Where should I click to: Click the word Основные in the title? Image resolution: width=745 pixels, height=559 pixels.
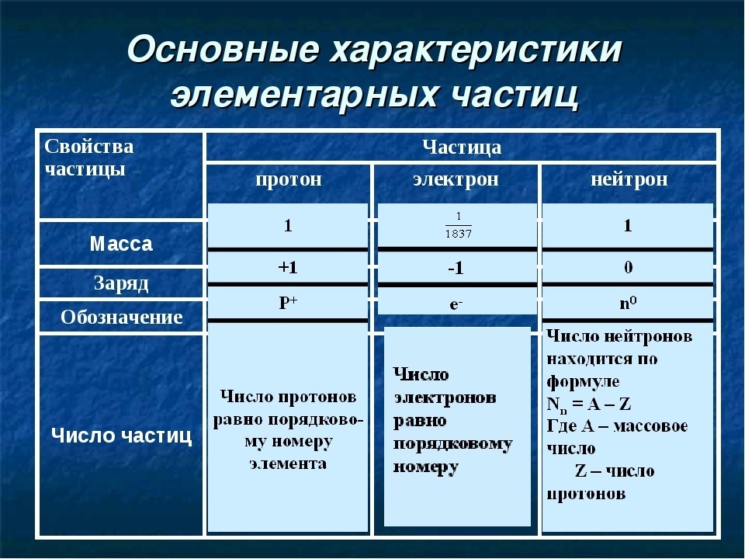point(223,48)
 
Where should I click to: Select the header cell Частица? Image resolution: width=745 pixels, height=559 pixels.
point(461,147)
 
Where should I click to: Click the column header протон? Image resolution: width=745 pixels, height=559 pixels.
point(289,179)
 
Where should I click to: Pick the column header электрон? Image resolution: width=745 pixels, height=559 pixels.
point(456,179)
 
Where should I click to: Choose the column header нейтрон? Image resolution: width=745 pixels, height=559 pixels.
point(629,179)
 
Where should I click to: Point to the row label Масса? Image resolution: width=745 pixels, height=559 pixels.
point(121,244)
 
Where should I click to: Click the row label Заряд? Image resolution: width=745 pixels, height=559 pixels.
point(122,284)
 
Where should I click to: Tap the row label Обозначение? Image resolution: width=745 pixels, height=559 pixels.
point(122,317)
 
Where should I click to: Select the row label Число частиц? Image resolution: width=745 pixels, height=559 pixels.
point(122,435)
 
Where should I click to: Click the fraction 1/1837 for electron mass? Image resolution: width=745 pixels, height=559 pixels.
point(459,225)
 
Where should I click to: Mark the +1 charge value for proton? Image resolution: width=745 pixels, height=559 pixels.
point(288,267)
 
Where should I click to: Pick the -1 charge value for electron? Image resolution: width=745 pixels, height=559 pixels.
point(456,269)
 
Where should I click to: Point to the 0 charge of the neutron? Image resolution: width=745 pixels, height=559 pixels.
point(628,267)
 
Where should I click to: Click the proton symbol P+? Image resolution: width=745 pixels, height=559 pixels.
point(288,302)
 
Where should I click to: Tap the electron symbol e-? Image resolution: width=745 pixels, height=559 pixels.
point(456,304)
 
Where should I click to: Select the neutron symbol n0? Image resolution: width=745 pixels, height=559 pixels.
point(628,302)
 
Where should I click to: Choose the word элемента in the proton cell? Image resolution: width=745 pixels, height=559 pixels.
point(289,464)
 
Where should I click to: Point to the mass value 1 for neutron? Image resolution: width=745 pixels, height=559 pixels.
point(628,225)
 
